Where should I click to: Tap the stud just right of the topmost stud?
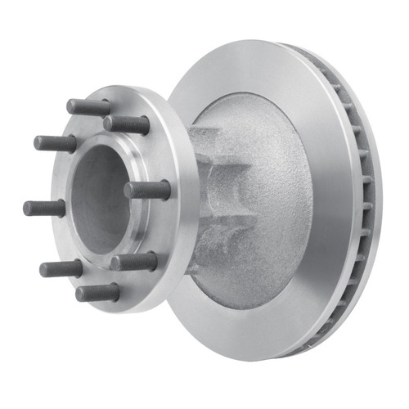[127, 124]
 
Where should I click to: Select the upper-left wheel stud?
[55, 143]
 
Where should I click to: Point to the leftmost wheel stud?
[44, 208]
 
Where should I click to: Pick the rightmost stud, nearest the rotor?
[147, 190]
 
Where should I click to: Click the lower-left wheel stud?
[61, 268]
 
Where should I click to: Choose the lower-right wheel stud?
[133, 262]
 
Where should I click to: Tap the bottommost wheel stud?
[97, 293]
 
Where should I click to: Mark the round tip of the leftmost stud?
[27, 208]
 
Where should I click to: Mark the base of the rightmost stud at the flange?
[167, 190]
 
